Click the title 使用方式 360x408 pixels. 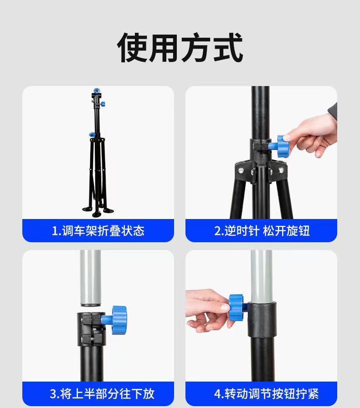[x=180, y=47]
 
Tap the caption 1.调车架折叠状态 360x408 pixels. [x=98, y=231]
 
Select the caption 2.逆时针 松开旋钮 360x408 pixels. [x=262, y=231]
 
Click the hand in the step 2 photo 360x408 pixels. [x=310, y=134]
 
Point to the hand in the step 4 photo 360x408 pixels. [x=207, y=310]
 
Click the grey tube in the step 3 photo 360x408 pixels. [x=91, y=278]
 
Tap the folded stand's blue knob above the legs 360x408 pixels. [x=92, y=135]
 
